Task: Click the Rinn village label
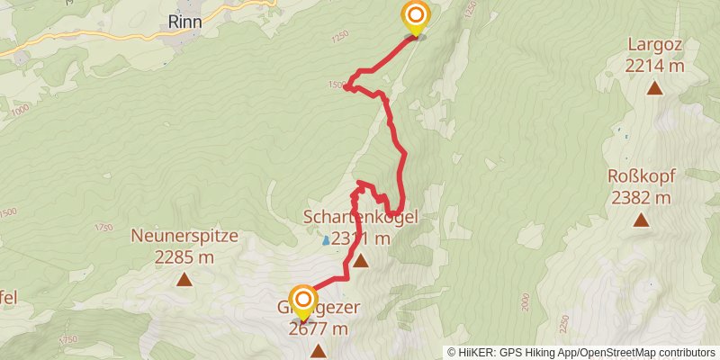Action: pos(184,22)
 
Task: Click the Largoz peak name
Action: pos(654,46)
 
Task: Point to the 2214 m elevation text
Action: pos(654,65)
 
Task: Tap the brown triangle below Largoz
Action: pos(654,88)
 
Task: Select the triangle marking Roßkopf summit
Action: pos(642,220)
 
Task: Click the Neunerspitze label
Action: pos(184,237)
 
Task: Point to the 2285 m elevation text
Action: pos(184,257)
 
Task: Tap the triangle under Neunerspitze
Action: pos(184,280)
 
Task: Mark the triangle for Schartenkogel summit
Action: pos(360,261)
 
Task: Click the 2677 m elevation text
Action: pos(318,328)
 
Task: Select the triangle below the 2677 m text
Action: pos(318,349)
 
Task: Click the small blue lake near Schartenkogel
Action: pos(325,241)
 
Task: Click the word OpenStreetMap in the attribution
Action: pos(618,353)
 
